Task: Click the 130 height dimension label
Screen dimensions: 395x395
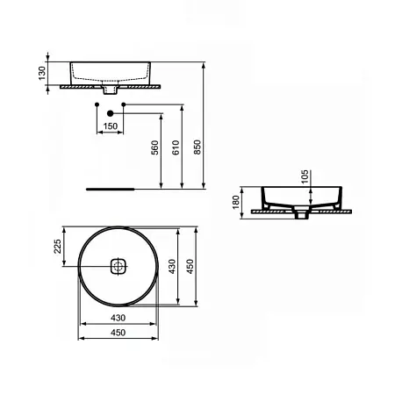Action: point(42,73)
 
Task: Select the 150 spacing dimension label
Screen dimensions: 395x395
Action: point(111,126)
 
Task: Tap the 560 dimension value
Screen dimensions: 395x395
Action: point(154,147)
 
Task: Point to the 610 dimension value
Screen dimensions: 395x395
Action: point(176,147)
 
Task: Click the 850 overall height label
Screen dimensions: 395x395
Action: point(197,147)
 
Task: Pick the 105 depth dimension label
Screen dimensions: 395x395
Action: point(305,176)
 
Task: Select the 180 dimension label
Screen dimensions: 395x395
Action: point(236,202)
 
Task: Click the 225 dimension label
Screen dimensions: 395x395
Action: point(58,246)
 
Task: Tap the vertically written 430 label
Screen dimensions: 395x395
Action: point(172,266)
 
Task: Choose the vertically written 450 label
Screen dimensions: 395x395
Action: point(190,266)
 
